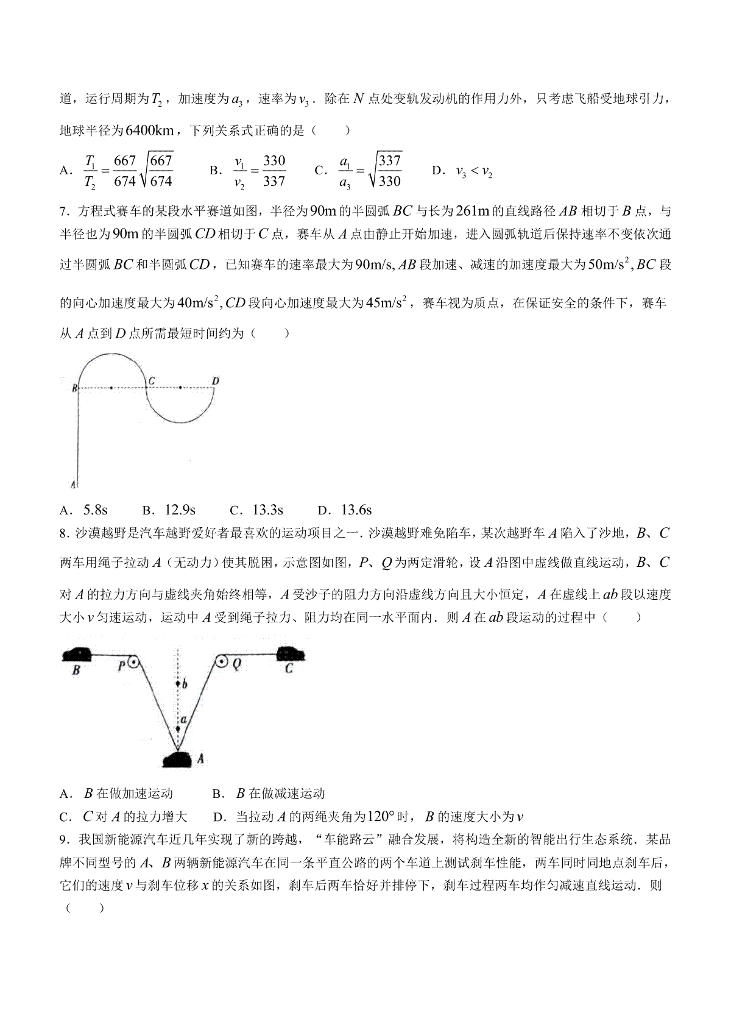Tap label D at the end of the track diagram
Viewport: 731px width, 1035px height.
pyautogui.click(x=215, y=382)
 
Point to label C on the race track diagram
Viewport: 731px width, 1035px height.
pyautogui.click(x=151, y=382)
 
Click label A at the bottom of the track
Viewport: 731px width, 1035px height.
pyautogui.click(x=73, y=485)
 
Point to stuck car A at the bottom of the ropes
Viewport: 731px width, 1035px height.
pyautogui.click(x=178, y=759)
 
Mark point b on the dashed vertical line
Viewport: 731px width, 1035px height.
pyautogui.click(x=178, y=684)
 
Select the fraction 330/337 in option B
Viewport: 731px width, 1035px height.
pyautogui.click(x=274, y=171)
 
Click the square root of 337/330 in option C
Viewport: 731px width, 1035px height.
pyautogui.click(x=385, y=170)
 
